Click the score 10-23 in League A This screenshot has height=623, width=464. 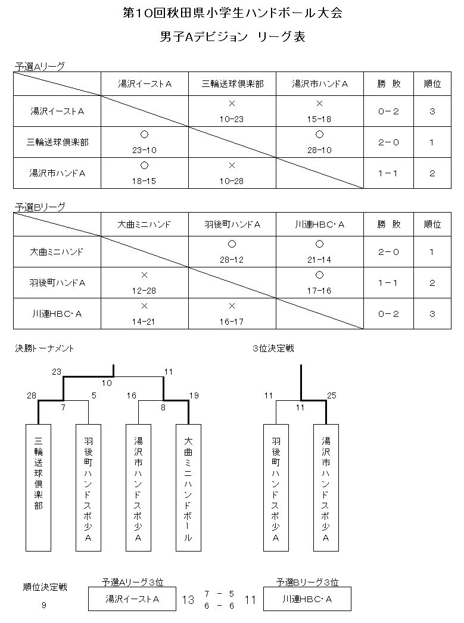point(232,119)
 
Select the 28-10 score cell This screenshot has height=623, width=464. point(319,150)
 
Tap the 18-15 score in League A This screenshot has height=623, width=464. point(144,181)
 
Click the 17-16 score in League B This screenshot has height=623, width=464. point(319,291)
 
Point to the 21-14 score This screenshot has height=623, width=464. point(319,260)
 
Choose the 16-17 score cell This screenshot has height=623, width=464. point(232,322)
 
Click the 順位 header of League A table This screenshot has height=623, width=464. point(432,84)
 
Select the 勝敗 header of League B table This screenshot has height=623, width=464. point(388,225)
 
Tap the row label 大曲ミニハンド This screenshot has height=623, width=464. point(57,252)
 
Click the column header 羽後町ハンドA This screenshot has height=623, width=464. point(232,225)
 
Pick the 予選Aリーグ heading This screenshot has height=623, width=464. point(39,67)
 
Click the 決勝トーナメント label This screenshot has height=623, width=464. point(45,348)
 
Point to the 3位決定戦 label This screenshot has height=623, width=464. point(273,348)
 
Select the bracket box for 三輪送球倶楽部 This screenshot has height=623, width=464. point(39,488)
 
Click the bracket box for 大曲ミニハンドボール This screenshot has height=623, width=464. point(188,488)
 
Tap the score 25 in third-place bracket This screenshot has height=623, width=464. point(331,395)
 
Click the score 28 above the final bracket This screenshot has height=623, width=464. point(32,395)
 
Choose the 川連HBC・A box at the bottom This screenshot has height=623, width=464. point(307,599)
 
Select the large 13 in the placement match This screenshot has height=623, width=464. point(188,600)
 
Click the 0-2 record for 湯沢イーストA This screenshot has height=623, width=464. point(388,111)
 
